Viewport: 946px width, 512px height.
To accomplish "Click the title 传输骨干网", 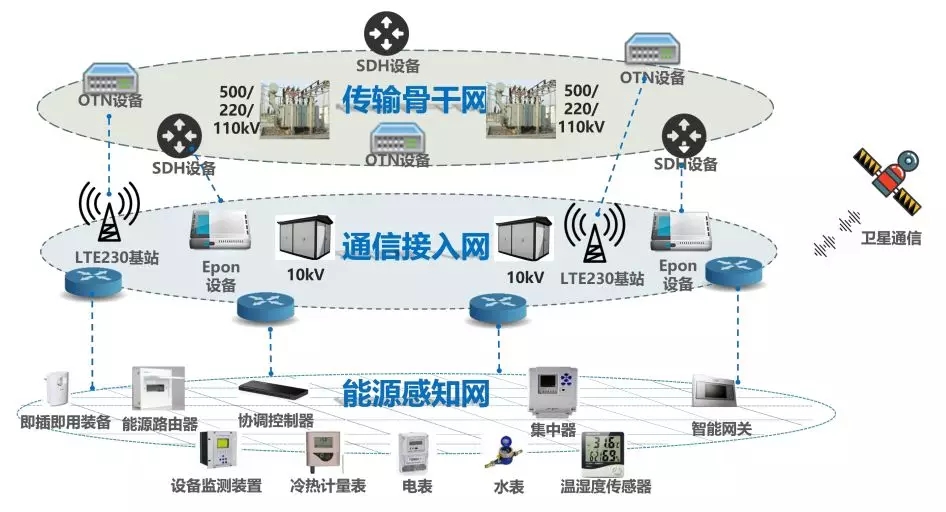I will pyautogui.click(x=414, y=101).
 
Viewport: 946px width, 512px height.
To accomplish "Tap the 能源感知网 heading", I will pyautogui.click(x=415, y=393).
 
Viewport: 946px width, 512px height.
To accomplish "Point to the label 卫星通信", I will pyautogui.click(x=891, y=239).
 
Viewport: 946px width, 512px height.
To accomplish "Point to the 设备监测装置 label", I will pyautogui.click(x=216, y=487).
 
